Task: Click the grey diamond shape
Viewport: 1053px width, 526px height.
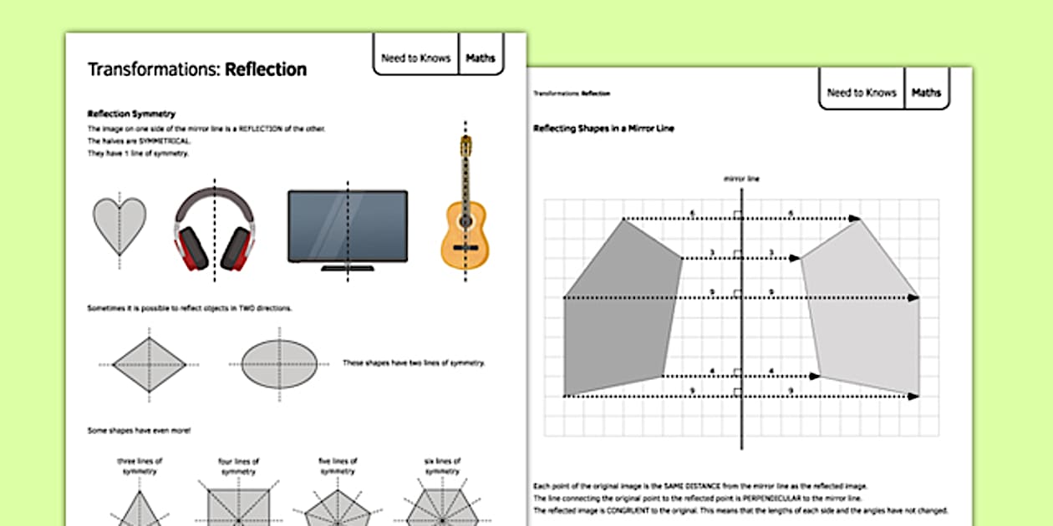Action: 149,365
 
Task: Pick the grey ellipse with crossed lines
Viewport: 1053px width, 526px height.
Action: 279,365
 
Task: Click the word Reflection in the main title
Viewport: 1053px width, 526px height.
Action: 266,69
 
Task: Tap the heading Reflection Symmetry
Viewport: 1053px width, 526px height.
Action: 131,114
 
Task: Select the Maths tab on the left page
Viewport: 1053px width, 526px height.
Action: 481,58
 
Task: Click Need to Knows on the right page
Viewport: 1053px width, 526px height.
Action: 861,93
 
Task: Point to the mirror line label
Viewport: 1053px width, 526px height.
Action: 741,179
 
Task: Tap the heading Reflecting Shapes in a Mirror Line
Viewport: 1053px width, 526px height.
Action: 603,129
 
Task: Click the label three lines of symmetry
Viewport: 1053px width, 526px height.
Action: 140,466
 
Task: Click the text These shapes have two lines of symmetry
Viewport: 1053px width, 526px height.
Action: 414,363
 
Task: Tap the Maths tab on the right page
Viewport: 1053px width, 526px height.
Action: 926,93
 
